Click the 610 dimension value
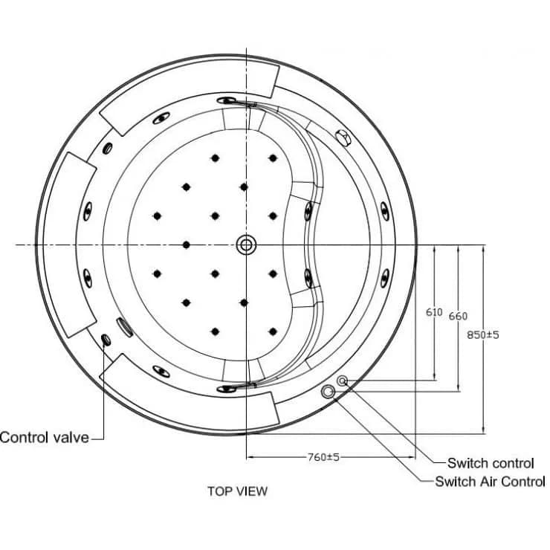[x=434, y=312]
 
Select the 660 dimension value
[x=458, y=316]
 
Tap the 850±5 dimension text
[x=482, y=334]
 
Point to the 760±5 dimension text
[x=323, y=457]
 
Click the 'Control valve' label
[x=45, y=438]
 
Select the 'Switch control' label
[x=491, y=463]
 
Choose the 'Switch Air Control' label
[x=490, y=482]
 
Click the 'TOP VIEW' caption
[x=238, y=491]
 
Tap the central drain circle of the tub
[x=246, y=245]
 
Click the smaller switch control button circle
[x=342, y=381]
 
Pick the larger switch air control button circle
[x=328, y=392]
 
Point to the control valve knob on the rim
[x=106, y=339]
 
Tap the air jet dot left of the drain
[x=187, y=245]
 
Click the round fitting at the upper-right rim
[x=343, y=137]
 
